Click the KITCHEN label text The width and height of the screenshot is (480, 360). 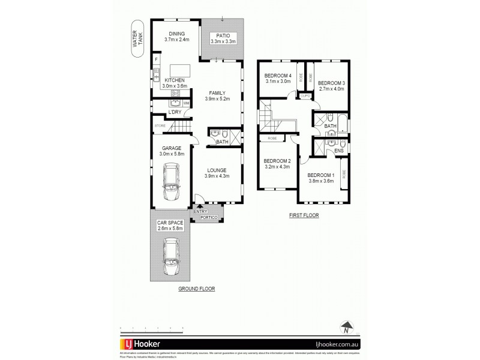[x=175, y=80]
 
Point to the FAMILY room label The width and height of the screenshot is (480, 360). [x=217, y=93]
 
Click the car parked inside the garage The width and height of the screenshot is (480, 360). [x=172, y=184]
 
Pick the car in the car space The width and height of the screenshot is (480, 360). [x=172, y=255]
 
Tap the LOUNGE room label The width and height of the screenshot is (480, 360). [x=217, y=170]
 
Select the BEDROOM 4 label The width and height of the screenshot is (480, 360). [x=277, y=76]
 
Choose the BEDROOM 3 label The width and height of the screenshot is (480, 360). [x=331, y=83]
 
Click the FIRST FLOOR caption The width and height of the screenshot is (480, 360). [x=304, y=214]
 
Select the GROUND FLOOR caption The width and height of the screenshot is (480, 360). [x=196, y=289]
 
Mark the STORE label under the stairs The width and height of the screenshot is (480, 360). [x=160, y=125]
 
